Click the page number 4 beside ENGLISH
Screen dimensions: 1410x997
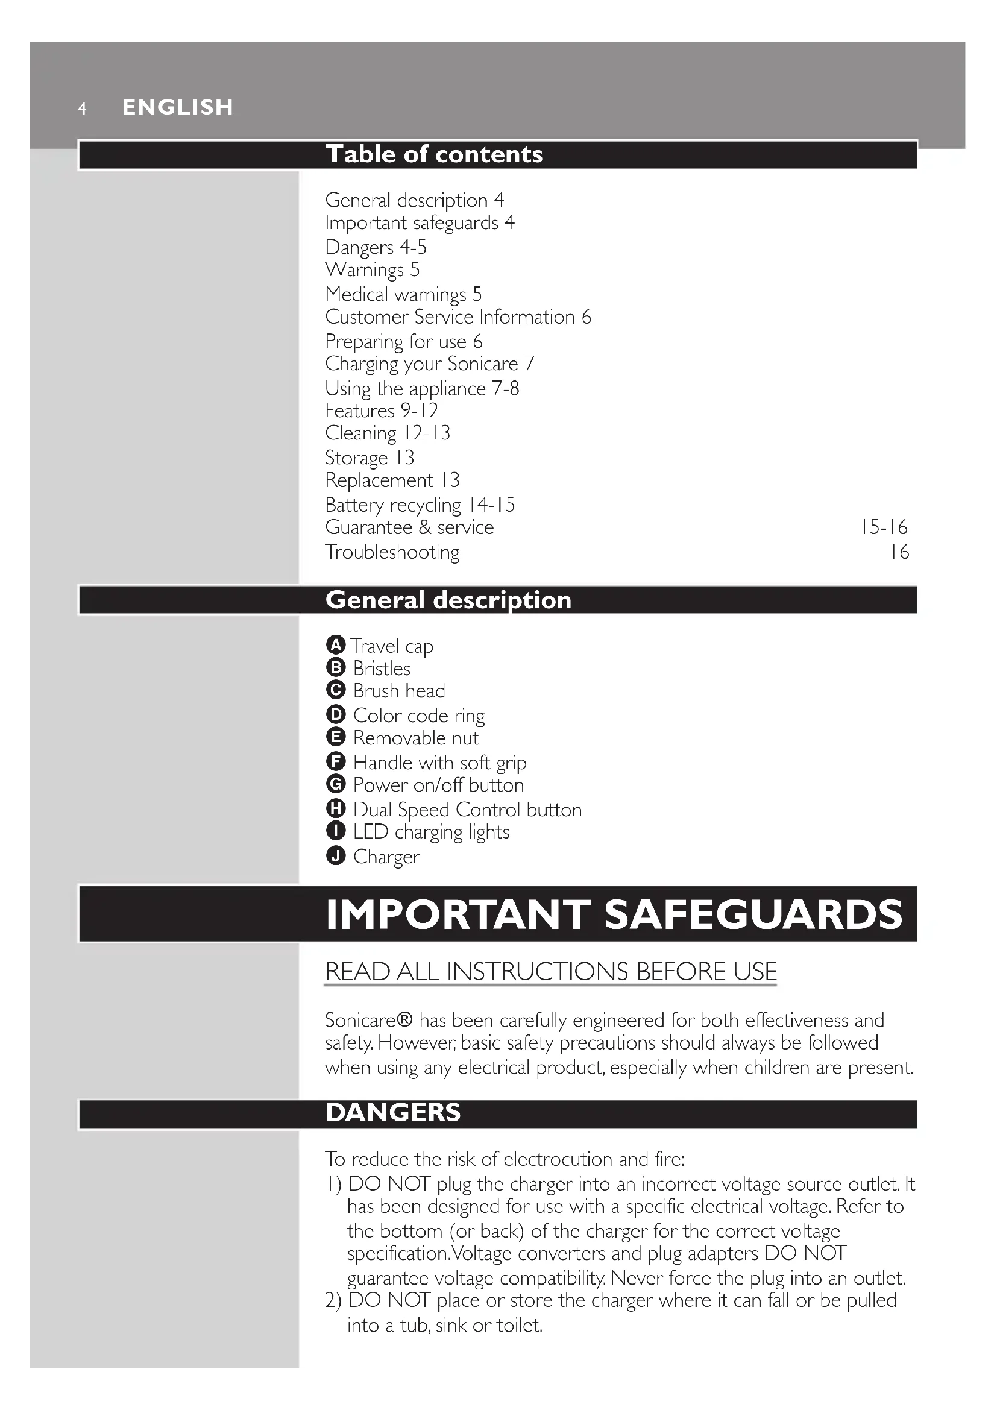(82, 109)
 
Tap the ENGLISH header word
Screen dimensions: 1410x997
(177, 107)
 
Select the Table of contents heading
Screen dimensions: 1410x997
(433, 154)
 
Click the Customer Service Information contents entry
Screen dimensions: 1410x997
(458, 317)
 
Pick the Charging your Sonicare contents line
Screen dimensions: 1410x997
(429, 364)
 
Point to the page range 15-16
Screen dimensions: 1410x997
(884, 527)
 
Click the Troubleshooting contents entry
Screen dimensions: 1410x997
(392, 552)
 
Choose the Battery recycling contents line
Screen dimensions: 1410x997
(420, 505)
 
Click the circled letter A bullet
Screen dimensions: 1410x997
(335, 646)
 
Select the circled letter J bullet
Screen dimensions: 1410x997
(335, 855)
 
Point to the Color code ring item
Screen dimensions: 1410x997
(419, 716)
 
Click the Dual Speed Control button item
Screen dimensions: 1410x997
(467, 810)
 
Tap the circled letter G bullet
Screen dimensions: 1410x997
(335, 785)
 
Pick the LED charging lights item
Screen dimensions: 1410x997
(431, 832)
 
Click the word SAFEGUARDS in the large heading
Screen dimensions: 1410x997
(753, 914)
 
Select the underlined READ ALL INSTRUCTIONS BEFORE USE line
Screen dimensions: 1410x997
(551, 972)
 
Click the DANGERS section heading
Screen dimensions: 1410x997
(393, 1113)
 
